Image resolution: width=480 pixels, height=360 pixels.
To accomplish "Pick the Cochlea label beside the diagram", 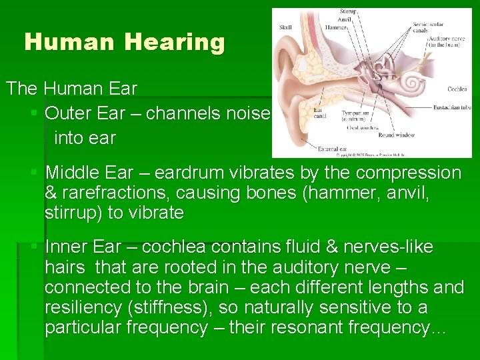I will (x=457, y=89).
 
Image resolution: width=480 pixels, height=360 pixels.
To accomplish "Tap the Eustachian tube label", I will (x=451, y=107).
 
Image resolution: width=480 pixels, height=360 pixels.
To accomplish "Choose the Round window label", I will (x=397, y=135).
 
